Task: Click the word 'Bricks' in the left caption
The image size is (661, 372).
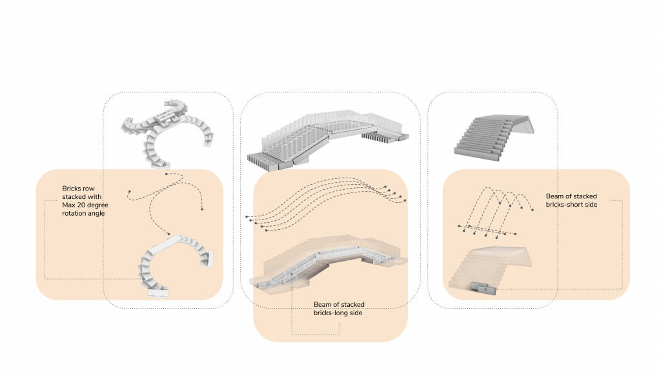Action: (x=71, y=189)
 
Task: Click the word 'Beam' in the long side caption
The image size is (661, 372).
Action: (x=323, y=305)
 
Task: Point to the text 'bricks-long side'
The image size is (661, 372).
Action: (x=338, y=313)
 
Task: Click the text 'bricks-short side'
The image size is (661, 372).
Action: (x=572, y=205)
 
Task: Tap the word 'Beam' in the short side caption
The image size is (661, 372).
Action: (x=554, y=196)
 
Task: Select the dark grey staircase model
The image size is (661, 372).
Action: (x=494, y=138)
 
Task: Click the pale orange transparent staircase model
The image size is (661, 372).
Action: (x=489, y=268)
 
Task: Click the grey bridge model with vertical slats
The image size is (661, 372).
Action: (x=328, y=139)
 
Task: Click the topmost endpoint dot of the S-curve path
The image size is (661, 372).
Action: (x=167, y=174)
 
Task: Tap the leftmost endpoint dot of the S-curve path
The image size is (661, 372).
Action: (x=129, y=192)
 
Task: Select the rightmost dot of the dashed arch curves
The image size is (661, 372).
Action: (x=533, y=210)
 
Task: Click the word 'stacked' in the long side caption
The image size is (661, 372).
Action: (x=353, y=305)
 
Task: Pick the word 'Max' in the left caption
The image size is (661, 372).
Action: (x=68, y=205)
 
